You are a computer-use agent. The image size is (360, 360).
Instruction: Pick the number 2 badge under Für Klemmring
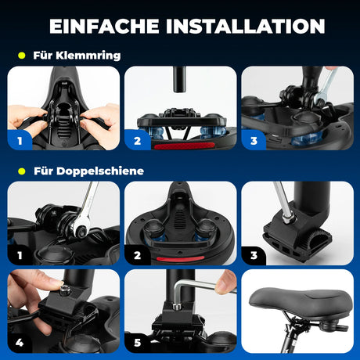point(138,142)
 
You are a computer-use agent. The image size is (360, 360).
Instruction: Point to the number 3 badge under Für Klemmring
point(254,142)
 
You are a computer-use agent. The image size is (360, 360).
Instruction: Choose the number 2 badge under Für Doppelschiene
point(138,254)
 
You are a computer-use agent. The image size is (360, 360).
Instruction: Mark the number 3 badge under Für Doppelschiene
point(254,254)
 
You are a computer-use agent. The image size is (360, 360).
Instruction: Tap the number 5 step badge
point(138,341)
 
